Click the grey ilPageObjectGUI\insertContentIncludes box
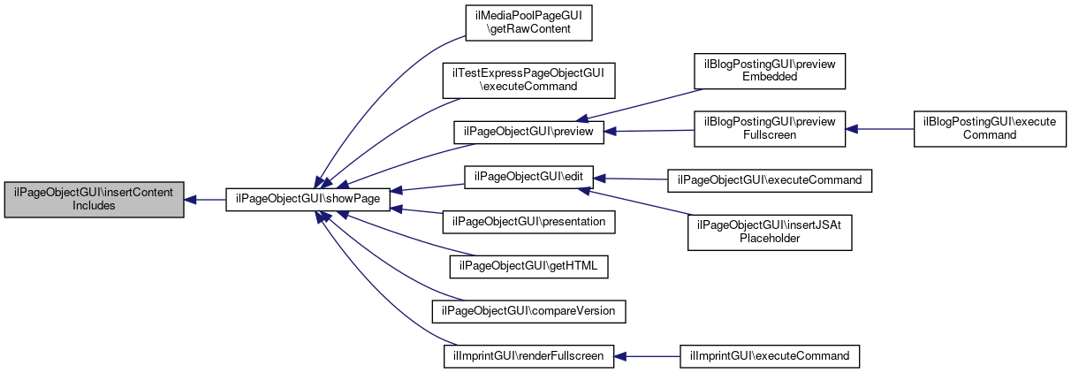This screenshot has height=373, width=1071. pyautogui.click(x=95, y=200)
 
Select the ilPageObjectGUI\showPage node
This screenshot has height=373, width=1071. pyautogui.click(x=308, y=200)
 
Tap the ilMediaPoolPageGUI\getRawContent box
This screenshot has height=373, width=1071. pyautogui.click(x=528, y=23)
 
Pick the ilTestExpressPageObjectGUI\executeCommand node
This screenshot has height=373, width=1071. pyautogui.click(x=528, y=80)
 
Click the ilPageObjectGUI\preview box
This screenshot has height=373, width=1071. pyautogui.click(x=528, y=132)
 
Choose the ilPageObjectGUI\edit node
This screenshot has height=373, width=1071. pyautogui.click(x=528, y=177)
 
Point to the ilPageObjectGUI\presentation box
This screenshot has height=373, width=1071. pyautogui.click(x=528, y=222)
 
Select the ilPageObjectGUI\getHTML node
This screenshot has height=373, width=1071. pyautogui.click(x=528, y=266)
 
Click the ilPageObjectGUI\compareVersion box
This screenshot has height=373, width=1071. pyautogui.click(x=528, y=311)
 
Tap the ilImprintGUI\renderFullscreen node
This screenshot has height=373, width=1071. pyautogui.click(x=528, y=356)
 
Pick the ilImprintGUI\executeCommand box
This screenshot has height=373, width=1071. pyautogui.click(x=770, y=356)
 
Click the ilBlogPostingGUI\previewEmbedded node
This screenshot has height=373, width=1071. pyautogui.click(x=770, y=71)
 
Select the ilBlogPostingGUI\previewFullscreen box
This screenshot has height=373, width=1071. pyautogui.click(x=770, y=129)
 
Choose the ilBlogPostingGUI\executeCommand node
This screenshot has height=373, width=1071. pyautogui.click(x=990, y=129)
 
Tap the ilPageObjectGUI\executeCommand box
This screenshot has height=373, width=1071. pyautogui.click(x=770, y=181)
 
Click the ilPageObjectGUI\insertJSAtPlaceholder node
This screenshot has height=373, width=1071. pyautogui.click(x=770, y=232)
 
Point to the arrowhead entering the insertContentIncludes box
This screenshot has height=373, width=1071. pyautogui.click(x=190, y=200)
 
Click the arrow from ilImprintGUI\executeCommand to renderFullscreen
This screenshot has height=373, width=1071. pyautogui.click(x=647, y=356)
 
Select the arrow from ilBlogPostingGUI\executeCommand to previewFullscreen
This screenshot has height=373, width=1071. pyautogui.click(x=880, y=129)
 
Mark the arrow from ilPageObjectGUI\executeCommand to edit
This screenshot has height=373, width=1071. pyautogui.click(x=631, y=179)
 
